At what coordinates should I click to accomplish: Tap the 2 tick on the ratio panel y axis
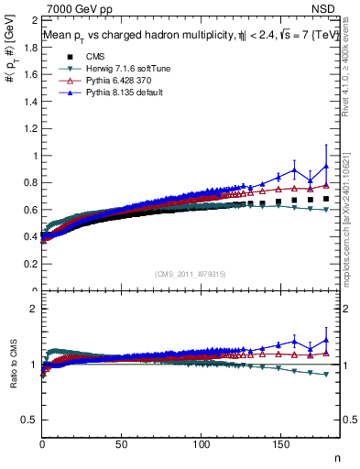coord(34,309)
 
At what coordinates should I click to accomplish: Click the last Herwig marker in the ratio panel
coord(326,374)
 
